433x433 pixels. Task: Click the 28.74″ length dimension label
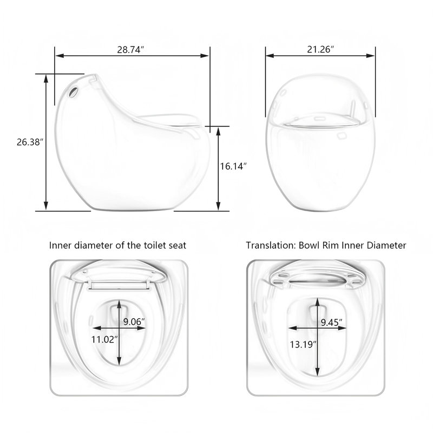click(131, 50)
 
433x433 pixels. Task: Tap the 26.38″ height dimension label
click(30, 142)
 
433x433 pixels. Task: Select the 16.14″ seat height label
click(233, 166)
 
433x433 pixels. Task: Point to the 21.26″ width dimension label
click(320, 49)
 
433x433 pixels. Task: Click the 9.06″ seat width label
click(134, 322)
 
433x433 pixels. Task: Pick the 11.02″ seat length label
click(104, 339)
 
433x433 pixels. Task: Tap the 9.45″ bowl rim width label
click(331, 322)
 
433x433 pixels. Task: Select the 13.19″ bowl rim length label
click(303, 344)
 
